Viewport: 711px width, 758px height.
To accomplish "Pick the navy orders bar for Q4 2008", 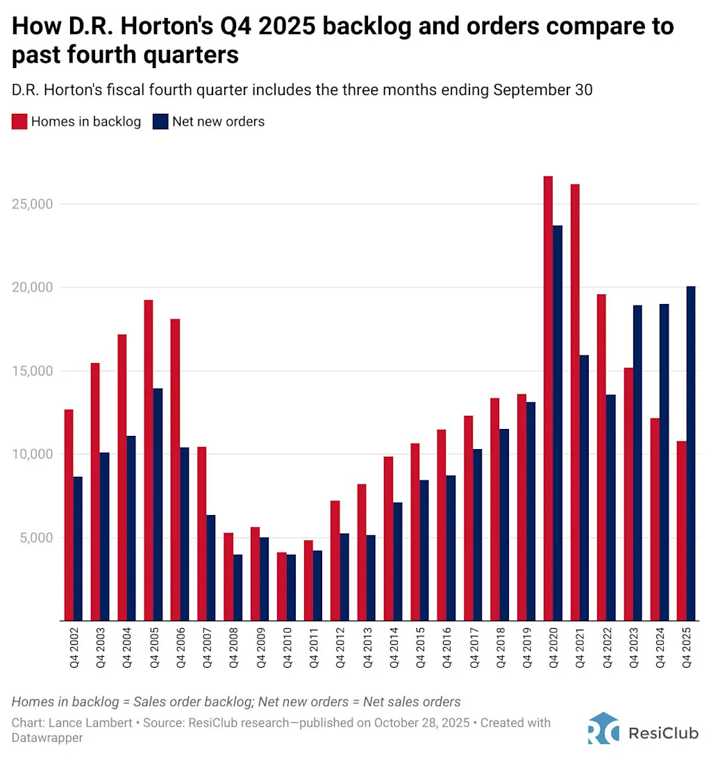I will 237,587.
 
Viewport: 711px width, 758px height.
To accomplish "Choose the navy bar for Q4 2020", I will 558,423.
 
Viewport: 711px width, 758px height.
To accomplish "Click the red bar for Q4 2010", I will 281,587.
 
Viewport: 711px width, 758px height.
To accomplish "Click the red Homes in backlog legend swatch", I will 19,121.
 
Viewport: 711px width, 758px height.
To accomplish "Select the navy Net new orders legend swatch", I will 160,121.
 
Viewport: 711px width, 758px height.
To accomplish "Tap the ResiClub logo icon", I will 603,729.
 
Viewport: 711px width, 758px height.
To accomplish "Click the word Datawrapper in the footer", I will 47,738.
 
